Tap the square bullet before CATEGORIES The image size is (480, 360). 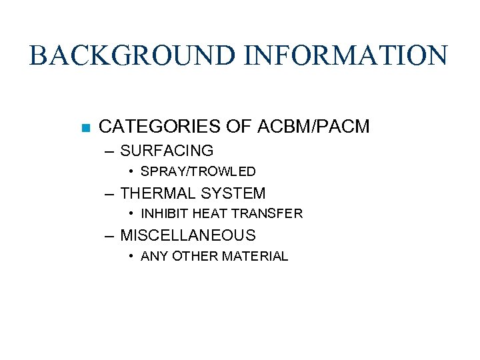(85, 127)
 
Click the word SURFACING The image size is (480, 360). (167, 151)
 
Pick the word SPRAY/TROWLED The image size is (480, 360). (198, 171)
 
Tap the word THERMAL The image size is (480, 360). (157, 193)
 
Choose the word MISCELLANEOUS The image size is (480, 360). (187, 235)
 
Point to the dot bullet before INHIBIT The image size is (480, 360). (133, 214)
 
